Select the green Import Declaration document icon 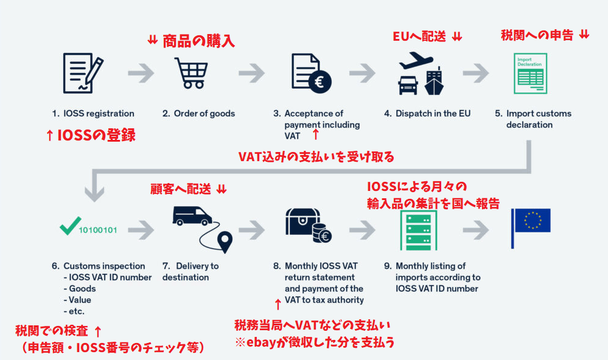point(528,74)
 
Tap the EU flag point(531,220)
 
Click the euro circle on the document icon point(316,83)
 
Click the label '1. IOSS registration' point(93,114)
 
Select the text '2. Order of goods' point(198,114)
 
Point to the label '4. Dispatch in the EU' point(427,114)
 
